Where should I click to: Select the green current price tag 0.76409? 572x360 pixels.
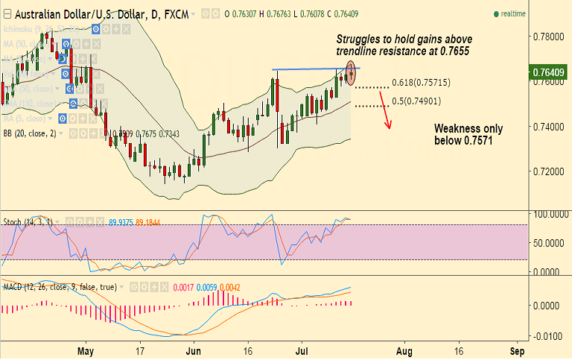550,72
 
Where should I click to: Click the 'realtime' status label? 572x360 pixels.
514,13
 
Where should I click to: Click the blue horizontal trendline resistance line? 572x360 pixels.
313,69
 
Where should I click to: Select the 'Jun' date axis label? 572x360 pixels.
194,350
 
